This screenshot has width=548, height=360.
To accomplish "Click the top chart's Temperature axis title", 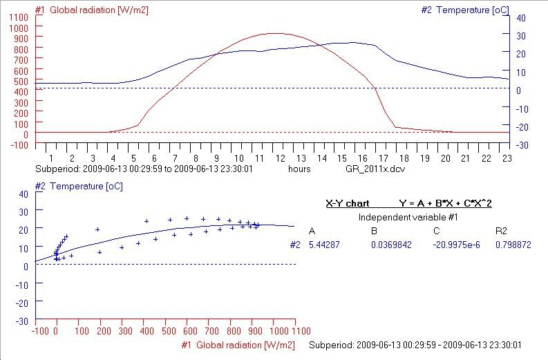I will (x=464, y=10).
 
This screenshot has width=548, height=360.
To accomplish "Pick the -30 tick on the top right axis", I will (x=522, y=145).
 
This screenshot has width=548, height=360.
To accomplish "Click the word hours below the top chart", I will (x=299, y=168).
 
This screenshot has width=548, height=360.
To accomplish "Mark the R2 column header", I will (x=502, y=231).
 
